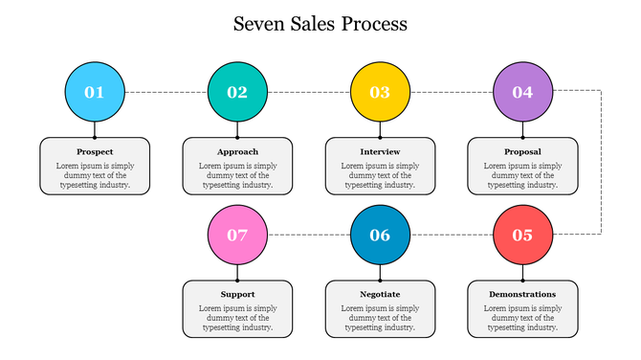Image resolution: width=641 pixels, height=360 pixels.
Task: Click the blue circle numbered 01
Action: tap(95, 92)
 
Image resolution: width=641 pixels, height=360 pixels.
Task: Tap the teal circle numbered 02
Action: tap(237, 92)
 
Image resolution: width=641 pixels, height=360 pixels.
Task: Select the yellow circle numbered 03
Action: tap(380, 92)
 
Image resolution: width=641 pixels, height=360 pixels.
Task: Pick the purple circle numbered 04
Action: tap(522, 92)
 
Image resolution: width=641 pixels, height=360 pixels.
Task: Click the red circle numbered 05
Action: tap(522, 235)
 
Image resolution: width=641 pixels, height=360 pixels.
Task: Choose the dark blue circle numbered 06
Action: tap(380, 235)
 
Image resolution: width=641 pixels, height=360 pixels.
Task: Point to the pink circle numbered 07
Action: tap(237, 235)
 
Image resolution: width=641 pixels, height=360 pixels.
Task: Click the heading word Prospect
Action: tap(95, 152)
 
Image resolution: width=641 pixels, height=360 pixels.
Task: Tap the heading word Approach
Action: tap(237, 152)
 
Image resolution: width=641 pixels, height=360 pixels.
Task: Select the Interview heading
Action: tap(380, 152)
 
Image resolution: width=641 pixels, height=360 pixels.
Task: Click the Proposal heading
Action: tap(522, 152)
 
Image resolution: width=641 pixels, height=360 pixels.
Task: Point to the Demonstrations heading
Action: tap(522, 294)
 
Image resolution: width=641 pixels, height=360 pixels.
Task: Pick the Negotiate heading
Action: tap(380, 294)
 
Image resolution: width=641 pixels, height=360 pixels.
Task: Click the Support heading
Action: tap(237, 294)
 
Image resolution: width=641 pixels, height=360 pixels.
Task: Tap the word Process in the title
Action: tap(373, 24)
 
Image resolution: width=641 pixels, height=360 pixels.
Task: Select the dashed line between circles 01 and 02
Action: tap(166, 92)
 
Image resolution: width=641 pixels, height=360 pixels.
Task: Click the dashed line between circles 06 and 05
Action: tap(451, 235)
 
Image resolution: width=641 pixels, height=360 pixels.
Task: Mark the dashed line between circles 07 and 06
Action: tap(308, 235)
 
